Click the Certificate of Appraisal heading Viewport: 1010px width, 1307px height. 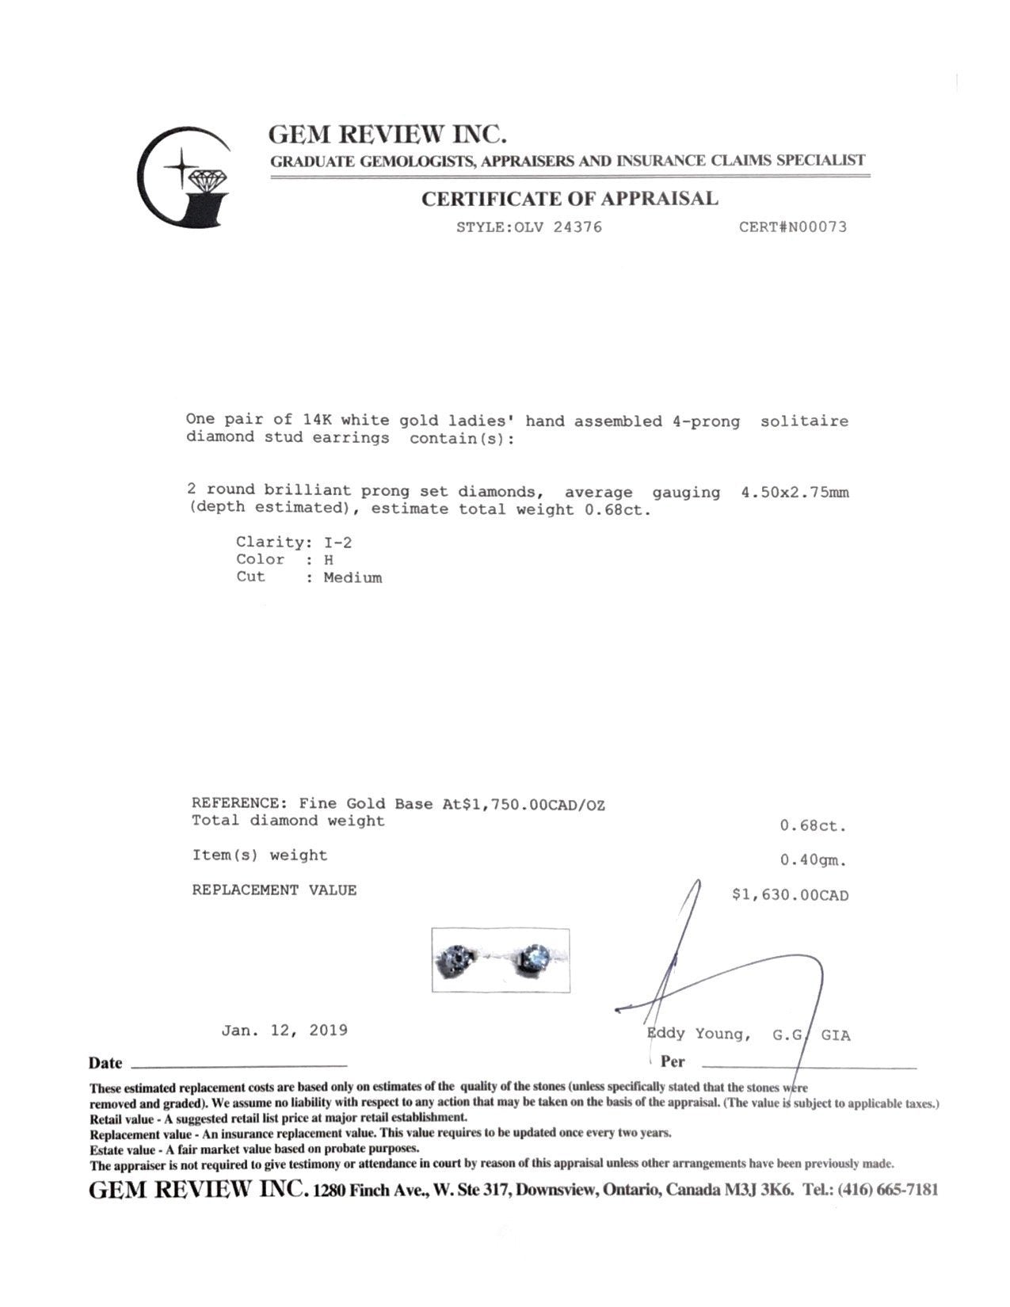point(570,199)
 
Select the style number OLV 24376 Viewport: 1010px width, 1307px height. point(558,227)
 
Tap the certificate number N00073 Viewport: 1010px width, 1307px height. point(816,227)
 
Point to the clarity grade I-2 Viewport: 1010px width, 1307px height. point(337,543)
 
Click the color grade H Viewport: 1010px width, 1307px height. point(328,560)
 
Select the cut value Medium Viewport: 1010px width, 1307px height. point(353,577)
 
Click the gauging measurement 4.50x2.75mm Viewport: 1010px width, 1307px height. point(795,493)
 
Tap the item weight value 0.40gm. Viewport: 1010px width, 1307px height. point(814,860)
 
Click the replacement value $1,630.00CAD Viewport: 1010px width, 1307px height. point(790,895)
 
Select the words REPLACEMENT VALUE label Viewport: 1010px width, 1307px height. point(274,890)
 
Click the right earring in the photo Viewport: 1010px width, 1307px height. point(535,957)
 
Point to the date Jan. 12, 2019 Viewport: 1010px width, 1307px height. point(284,1031)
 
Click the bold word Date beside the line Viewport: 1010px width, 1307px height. point(105,1064)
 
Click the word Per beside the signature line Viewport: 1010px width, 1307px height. point(672,1061)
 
